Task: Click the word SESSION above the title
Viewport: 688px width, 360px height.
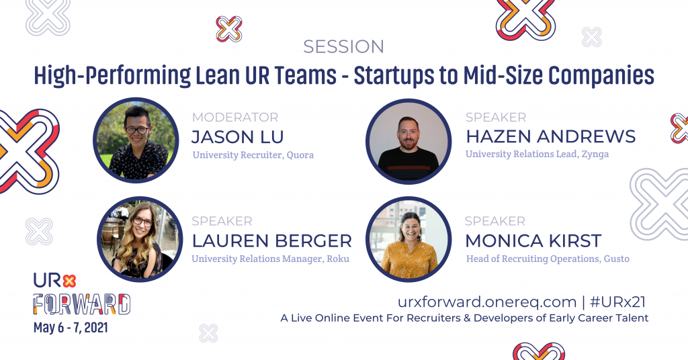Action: (x=343, y=46)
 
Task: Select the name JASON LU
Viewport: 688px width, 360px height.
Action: (x=238, y=137)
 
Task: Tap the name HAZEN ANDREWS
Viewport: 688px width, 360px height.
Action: (x=550, y=136)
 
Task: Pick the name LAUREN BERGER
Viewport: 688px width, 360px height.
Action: (x=271, y=240)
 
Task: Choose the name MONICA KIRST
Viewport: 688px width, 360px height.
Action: (x=533, y=240)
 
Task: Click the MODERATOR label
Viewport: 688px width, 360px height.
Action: (x=234, y=118)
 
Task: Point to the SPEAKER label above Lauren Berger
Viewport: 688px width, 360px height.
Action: (x=222, y=221)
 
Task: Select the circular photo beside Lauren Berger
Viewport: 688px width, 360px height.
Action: (x=140, y=238)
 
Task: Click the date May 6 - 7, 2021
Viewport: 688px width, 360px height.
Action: (x=71, y=329)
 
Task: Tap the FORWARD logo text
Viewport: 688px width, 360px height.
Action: (x=82, y=304)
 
